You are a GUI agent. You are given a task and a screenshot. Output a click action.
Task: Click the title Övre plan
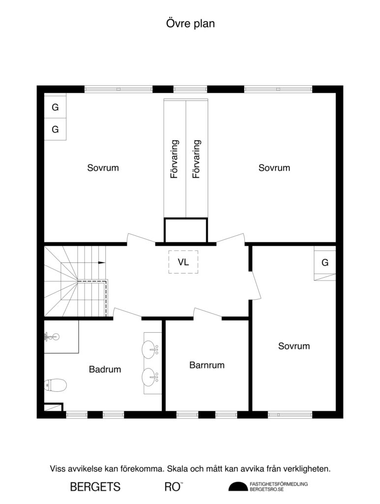pos(190,23)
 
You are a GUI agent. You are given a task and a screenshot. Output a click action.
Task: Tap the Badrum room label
pos(105,369)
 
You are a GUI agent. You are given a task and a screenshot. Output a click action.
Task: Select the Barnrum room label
pos(207,365)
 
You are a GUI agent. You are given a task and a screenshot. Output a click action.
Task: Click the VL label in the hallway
pos(183,262)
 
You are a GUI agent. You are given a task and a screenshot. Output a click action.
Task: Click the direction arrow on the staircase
pos(102,262)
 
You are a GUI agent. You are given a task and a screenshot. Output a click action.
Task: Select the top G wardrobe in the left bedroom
pos(55,107)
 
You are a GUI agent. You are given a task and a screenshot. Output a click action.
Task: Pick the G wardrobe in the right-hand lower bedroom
pos(325,263)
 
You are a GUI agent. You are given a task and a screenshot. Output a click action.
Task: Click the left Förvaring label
pos(174,159)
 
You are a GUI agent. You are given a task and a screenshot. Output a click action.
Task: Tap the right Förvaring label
pos(197,159)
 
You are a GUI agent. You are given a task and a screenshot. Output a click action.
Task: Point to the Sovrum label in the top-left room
pos(103,168)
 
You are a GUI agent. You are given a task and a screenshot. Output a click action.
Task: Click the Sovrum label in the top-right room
pos(274,168)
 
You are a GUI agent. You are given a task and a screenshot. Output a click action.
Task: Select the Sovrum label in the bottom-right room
pos(294,346)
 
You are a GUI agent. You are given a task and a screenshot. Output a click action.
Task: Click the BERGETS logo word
pos(95,487)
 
